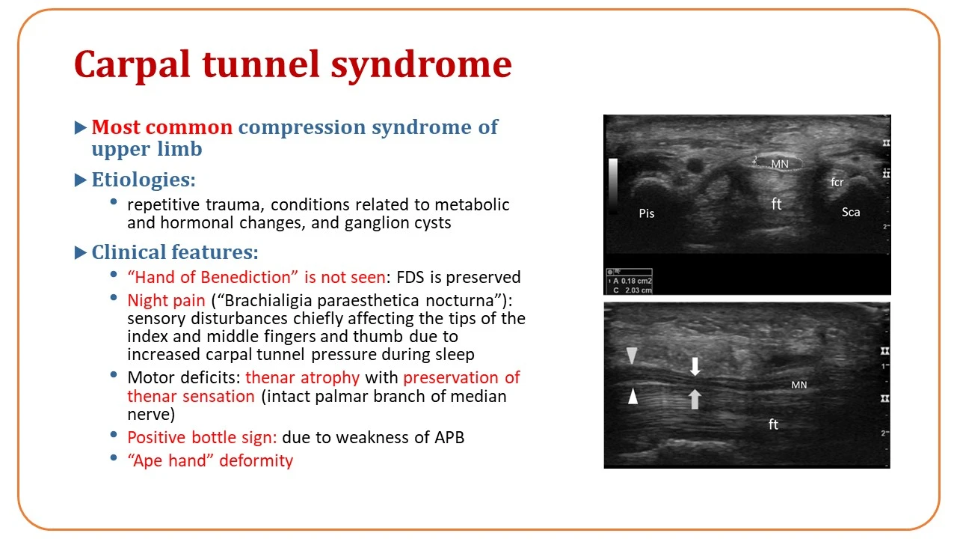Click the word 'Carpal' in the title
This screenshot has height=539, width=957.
click(132, 64)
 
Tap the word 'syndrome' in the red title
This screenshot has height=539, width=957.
click(421, 64)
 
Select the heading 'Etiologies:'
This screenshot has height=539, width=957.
click(144, 180)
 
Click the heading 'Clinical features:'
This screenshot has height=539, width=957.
click(175, 252)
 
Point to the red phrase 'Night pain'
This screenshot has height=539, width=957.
click(166, 300)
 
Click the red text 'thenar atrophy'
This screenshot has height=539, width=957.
click(303, 377)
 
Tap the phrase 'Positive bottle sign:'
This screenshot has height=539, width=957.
click(202, 437)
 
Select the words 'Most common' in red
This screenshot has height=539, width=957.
click(162, 127)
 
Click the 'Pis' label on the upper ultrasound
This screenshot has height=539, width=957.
click(647, 213)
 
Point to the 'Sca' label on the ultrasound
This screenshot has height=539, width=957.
click(851, 212)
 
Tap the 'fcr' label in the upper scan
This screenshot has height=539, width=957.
click(837, 182)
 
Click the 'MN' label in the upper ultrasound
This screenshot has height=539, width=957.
click(780, 164)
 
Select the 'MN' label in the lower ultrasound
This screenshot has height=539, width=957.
click(799, 385)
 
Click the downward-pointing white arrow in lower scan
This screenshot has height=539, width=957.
click(695, 367)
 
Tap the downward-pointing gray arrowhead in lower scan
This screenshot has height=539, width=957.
click(632, 356)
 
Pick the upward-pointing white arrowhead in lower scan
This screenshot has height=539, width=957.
click(633, 396)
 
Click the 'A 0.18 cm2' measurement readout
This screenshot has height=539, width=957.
click(633, 281)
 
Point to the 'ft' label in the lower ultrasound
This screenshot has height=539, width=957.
click(773, 424)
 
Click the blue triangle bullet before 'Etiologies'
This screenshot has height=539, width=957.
click(80, 180)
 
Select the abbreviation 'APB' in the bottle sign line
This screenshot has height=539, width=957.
click(449, 437)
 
